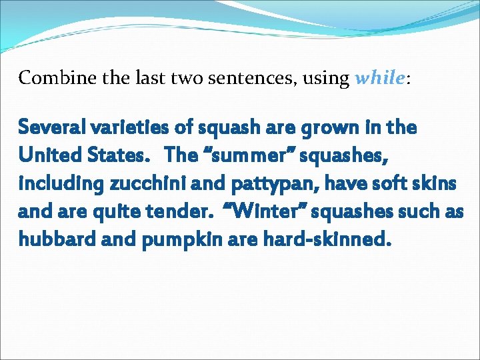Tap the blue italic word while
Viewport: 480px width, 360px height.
point(379,79)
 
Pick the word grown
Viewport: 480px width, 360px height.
point(329,128)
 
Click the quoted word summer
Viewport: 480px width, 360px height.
point(230,155)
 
